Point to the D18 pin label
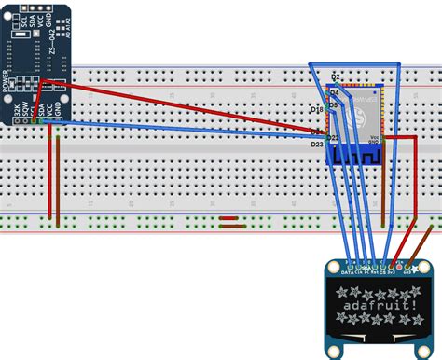click(x=316, y=110)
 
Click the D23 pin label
click(x=317, y=144)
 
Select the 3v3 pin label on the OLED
click(x=392, y=271)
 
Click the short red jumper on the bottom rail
click(x=228, y=221)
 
